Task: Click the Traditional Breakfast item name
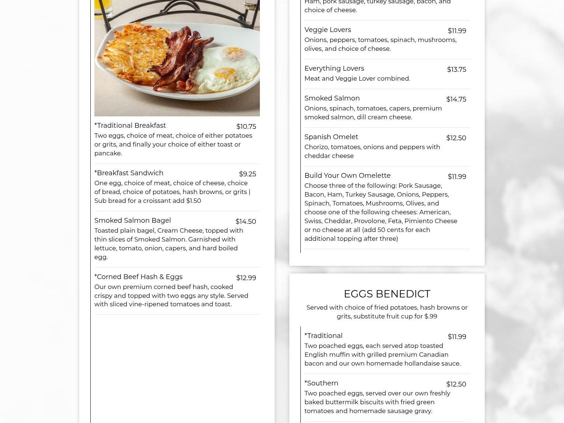coord(130,126)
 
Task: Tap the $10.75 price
coord(246,127)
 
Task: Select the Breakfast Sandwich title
coord(129,173)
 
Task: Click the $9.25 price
coord(247,174)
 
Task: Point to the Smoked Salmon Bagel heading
coord(132,221)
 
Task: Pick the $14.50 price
coord(246,222)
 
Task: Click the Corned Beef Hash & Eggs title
coord(138,277)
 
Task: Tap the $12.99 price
coord(246,278)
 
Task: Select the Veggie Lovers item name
coord(327,30)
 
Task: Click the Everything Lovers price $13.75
coord(456,70)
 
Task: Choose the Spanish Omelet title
coord(331,137)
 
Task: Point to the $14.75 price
coord(456,99)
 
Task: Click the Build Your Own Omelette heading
coord(347,176)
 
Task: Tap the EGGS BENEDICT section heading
coord(387,294)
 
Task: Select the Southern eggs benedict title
coord(321,383)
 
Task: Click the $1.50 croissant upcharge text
coord(194,201)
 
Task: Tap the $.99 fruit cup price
coord(431,316)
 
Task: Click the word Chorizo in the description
coord(316,147)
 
